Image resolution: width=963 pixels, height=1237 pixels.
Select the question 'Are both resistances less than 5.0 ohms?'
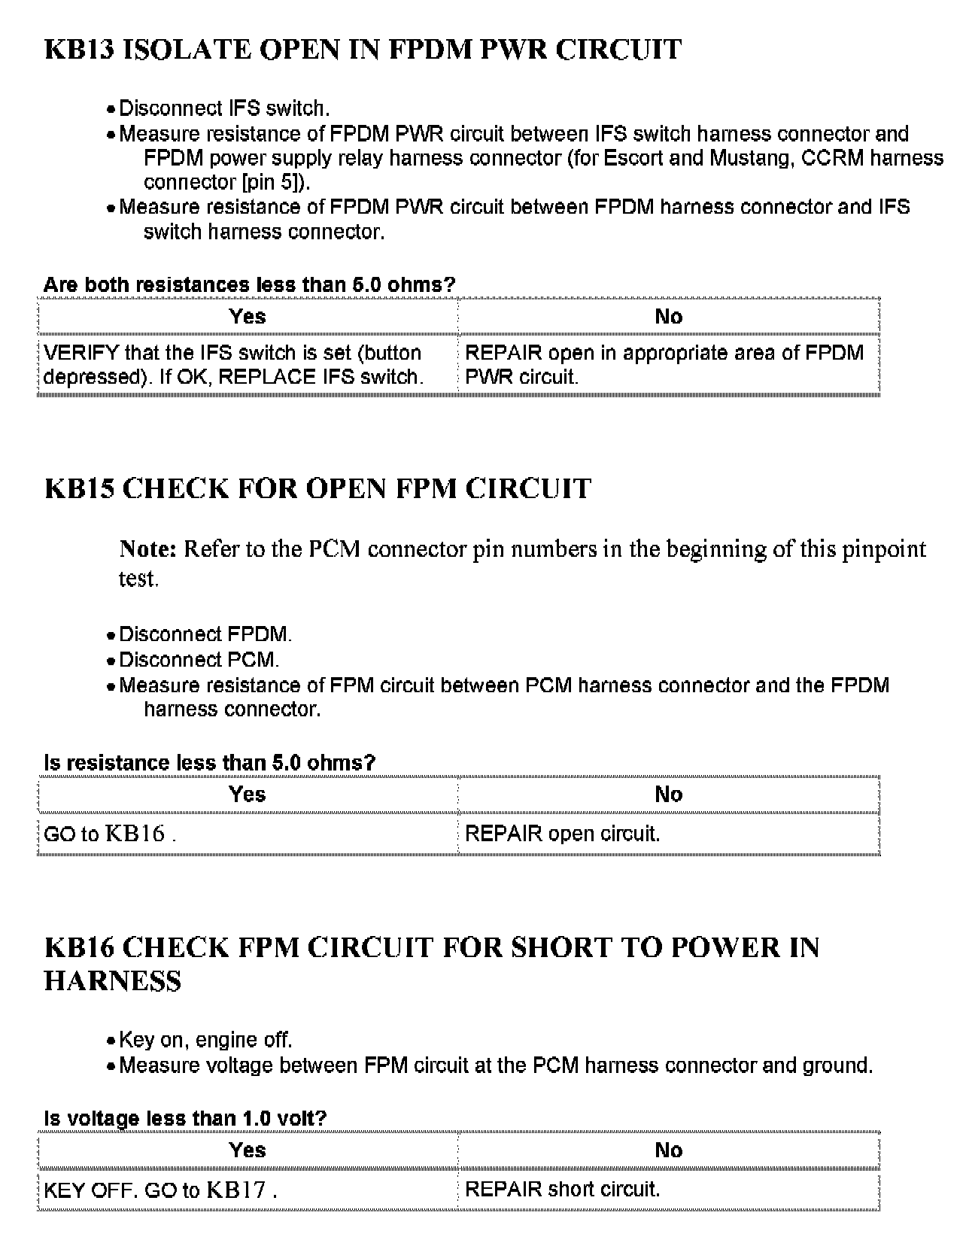click(249, 285)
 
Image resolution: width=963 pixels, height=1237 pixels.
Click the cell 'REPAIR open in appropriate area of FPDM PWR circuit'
click(664, 365)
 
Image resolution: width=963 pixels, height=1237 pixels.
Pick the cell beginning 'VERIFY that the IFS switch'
click(233, 365)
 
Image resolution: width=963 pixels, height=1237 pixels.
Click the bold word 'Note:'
click(147, 549)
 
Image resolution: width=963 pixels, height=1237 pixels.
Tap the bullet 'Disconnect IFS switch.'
click(224, 108)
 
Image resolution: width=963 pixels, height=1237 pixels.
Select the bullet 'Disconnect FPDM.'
click(205, 634)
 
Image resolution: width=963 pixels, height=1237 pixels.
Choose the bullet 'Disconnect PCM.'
click(199, 660)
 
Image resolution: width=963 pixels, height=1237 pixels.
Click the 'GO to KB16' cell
click(110, 834)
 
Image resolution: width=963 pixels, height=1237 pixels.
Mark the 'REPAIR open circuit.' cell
click(563, 834)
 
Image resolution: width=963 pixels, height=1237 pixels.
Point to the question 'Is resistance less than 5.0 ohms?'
click(209, 763)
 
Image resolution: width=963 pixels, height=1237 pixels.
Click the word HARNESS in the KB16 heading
click(113, 981)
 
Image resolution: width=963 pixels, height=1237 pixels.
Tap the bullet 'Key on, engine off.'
click(205, 1040)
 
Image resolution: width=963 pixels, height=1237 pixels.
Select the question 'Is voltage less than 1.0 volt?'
click(185, 1118)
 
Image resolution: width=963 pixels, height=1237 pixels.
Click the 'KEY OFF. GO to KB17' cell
click(160, 1190)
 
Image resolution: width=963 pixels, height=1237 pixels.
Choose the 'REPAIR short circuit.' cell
click(563, 1190)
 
